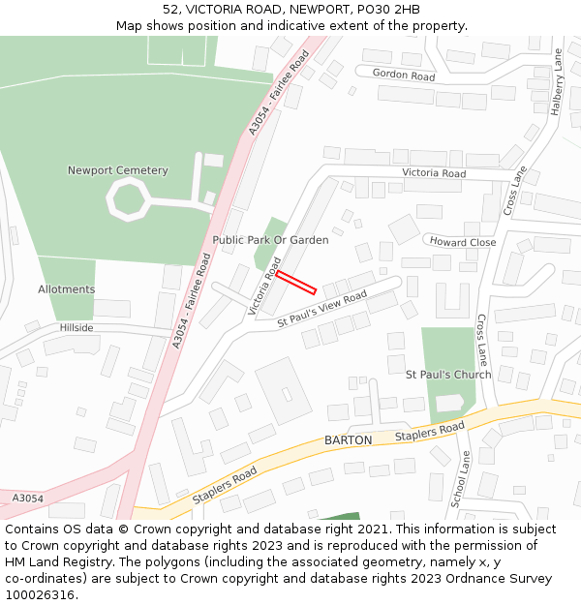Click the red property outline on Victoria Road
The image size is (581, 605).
pos(296,282)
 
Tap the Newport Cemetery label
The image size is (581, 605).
pos(117,171)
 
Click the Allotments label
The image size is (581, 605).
pos(66,289)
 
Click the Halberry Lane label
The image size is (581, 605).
pos(556,83)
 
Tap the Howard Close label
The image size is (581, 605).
pos(463,243)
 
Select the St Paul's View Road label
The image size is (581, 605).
pos(322,309)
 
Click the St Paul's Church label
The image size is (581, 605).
pos(447,375)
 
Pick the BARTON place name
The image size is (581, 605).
pos(348,440)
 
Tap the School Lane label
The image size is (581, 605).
pos(460,479)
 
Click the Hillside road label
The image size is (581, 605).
pos(76,328)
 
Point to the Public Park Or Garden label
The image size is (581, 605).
pos(270,240)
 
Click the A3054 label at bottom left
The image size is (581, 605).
pos(27,499)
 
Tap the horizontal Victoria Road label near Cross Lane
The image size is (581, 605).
pos(434,174)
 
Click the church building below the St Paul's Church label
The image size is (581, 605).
pos(451,403)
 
